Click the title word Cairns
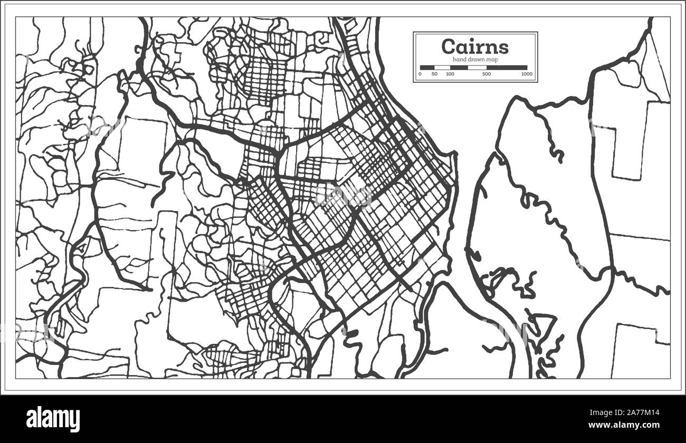coord(475,46)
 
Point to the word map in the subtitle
coord(493,60)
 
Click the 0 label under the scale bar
coord(420,74)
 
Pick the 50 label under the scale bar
coord(434,74)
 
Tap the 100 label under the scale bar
coord(450,74)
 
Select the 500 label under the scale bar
coord(487,74)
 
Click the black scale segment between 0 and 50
coord(427,68)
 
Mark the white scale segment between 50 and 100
coord(442,68)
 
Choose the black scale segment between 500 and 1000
coord(507,68)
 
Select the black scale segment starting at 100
coord(459,68)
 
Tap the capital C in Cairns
coord(449,46)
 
